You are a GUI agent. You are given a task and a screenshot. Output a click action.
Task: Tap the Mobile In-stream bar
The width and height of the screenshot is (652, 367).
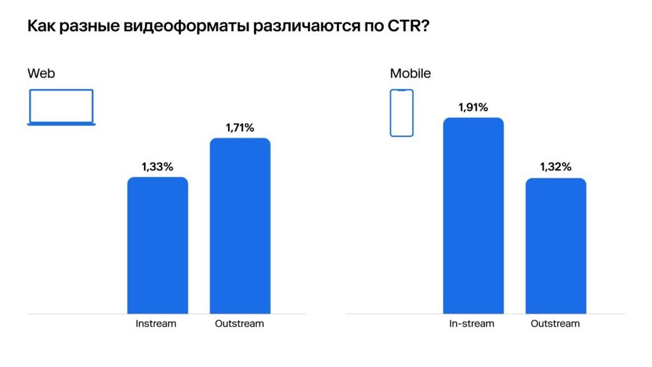pos(473,216)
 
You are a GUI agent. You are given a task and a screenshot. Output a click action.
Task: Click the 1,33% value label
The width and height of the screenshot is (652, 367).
pos(157,167)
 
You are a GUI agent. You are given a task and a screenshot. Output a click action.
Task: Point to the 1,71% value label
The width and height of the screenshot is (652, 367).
pos(240,128)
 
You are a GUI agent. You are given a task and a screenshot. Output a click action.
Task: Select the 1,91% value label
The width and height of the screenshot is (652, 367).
pos(473,108)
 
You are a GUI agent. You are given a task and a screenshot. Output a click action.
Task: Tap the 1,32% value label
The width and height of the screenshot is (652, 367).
pos(556,168)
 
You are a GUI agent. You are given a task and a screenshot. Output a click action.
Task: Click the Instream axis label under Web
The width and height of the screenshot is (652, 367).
pos(156,324)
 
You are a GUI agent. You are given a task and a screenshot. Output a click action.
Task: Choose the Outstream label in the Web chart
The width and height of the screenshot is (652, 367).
pos(239,324)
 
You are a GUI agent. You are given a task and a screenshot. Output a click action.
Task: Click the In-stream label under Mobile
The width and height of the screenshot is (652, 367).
pos(472,324)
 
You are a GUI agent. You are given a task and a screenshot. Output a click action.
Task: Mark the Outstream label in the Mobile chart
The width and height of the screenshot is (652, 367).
pos(555,324)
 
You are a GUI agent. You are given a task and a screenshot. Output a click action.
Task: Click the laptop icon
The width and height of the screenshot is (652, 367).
pos(61,107)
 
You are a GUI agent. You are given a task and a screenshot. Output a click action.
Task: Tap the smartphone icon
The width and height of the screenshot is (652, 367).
pos(401,113)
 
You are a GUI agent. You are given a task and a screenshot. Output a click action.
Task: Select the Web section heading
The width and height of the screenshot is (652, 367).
pos(41,73)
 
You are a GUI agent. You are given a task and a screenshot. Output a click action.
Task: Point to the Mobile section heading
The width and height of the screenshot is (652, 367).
pos(410,73)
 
